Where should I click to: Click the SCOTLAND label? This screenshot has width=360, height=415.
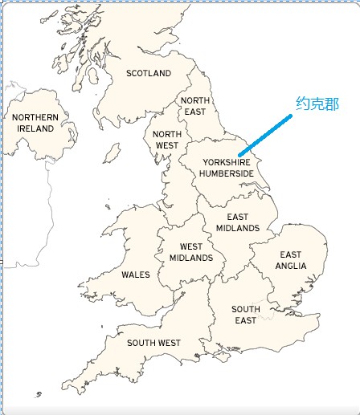pos(149,73)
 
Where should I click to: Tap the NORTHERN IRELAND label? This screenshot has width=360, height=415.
pos(35,123)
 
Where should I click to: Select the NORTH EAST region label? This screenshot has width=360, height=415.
pos(194,106)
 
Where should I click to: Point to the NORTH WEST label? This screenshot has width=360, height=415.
pos(167,140)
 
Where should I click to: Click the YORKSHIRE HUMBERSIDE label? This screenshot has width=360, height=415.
pos(227,168)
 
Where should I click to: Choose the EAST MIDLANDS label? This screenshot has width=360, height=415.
pos(237,222)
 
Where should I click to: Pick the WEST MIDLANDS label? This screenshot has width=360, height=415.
pos(191,252)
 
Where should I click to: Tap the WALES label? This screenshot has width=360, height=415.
pos(136,275)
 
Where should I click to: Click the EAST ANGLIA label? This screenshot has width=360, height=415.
pos(291,260)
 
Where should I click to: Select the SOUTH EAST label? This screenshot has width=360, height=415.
pos(246,315)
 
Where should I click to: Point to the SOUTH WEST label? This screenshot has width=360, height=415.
pos(153,343)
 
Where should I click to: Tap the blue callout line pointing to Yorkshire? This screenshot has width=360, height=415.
pos(265,134)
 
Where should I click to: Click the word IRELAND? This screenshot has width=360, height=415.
pos(35,128)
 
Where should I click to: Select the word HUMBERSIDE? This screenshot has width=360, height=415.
pos(227,173)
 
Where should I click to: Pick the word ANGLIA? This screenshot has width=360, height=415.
pos(291,266)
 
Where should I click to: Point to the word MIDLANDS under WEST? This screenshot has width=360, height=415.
pos(191,258)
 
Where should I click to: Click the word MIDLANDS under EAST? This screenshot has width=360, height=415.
pos(237,228)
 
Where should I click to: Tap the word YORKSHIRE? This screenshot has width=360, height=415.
pos(227,162)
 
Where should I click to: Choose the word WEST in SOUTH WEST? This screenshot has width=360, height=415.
pos(168,343)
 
